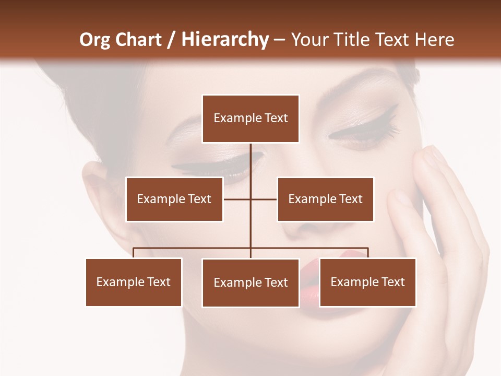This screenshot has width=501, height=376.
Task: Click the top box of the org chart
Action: (250, 119)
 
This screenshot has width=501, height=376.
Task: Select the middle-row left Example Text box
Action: (174, 199)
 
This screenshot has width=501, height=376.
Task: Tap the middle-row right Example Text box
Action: (325, 199)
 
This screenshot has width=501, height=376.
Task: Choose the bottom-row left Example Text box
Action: (134, 282)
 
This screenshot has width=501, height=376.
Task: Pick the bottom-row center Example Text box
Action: (250, 283)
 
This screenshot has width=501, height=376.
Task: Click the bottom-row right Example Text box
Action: (367, 282)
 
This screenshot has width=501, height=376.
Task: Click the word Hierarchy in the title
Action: (224, 40)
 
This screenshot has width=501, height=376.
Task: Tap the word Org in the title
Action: (96, 40)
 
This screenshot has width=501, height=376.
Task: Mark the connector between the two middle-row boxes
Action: (250, 199)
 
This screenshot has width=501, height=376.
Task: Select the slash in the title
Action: (171, 40)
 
